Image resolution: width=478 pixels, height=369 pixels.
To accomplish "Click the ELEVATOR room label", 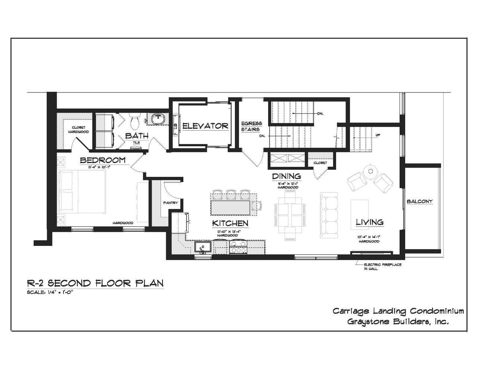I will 205,126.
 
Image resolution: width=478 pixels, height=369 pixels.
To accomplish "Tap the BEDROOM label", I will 103,160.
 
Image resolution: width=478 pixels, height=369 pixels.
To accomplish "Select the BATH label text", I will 136,136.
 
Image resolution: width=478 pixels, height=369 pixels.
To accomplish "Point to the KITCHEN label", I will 230,223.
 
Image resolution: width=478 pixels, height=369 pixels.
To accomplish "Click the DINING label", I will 286,176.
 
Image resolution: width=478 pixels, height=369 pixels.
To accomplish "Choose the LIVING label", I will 369,222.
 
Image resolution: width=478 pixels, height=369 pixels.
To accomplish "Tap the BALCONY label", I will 420,201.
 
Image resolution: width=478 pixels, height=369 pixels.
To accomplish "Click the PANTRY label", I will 170,203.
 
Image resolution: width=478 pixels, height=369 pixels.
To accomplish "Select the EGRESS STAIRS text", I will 251,126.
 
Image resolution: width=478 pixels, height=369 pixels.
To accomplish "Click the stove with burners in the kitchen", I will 238,247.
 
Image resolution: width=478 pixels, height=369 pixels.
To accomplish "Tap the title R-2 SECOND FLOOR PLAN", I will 96,283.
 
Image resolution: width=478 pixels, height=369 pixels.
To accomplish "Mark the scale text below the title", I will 50,293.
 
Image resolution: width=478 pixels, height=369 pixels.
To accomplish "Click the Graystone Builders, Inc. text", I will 398,322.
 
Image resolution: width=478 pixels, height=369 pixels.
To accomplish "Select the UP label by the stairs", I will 378,135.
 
